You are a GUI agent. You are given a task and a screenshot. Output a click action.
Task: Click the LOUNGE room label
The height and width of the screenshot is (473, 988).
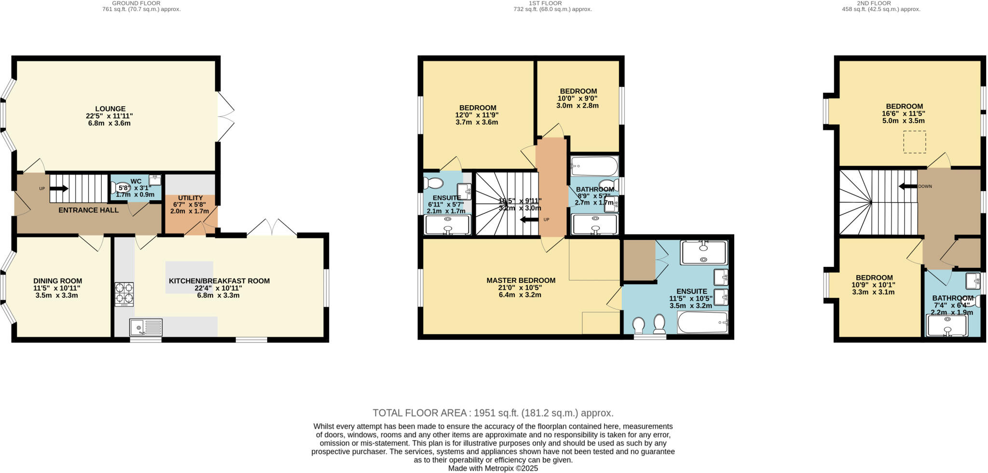tap(110, 109)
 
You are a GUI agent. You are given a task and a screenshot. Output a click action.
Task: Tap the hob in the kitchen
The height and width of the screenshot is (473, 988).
tap(124, 294)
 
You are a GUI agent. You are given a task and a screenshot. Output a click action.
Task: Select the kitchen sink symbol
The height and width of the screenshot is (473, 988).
tap(146, 328)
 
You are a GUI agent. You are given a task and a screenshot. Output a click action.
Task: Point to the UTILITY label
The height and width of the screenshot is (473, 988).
tap(190, 198)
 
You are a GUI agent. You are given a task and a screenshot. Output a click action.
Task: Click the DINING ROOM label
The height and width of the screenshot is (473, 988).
tap(57, 281)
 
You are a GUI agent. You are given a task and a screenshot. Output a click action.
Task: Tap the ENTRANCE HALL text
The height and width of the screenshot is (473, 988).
tap(88, 210)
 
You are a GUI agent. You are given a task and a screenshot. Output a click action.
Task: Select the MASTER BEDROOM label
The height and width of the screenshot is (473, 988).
tap(521, 280)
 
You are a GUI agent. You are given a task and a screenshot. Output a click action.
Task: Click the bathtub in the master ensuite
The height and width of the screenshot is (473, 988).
tap(702, 322)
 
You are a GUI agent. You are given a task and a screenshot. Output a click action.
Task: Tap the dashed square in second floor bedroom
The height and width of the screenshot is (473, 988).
tap(914, 142)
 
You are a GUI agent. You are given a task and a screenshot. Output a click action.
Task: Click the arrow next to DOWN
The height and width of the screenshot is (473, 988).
tap(907, 186)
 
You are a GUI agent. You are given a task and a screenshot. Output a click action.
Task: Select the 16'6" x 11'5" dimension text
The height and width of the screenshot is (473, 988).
tap(904, 114)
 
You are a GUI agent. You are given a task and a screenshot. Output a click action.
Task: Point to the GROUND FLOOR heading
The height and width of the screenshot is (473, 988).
tap(129, 3)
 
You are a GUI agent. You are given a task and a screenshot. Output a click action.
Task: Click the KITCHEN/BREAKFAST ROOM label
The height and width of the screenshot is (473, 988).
tap(219, 281)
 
